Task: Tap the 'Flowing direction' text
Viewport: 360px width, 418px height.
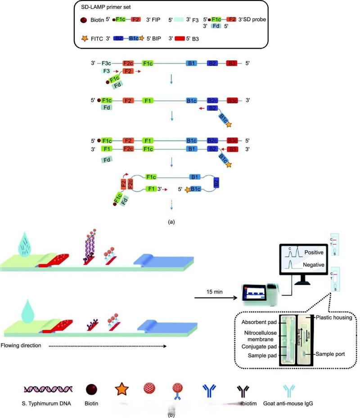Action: tap(21, 346)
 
